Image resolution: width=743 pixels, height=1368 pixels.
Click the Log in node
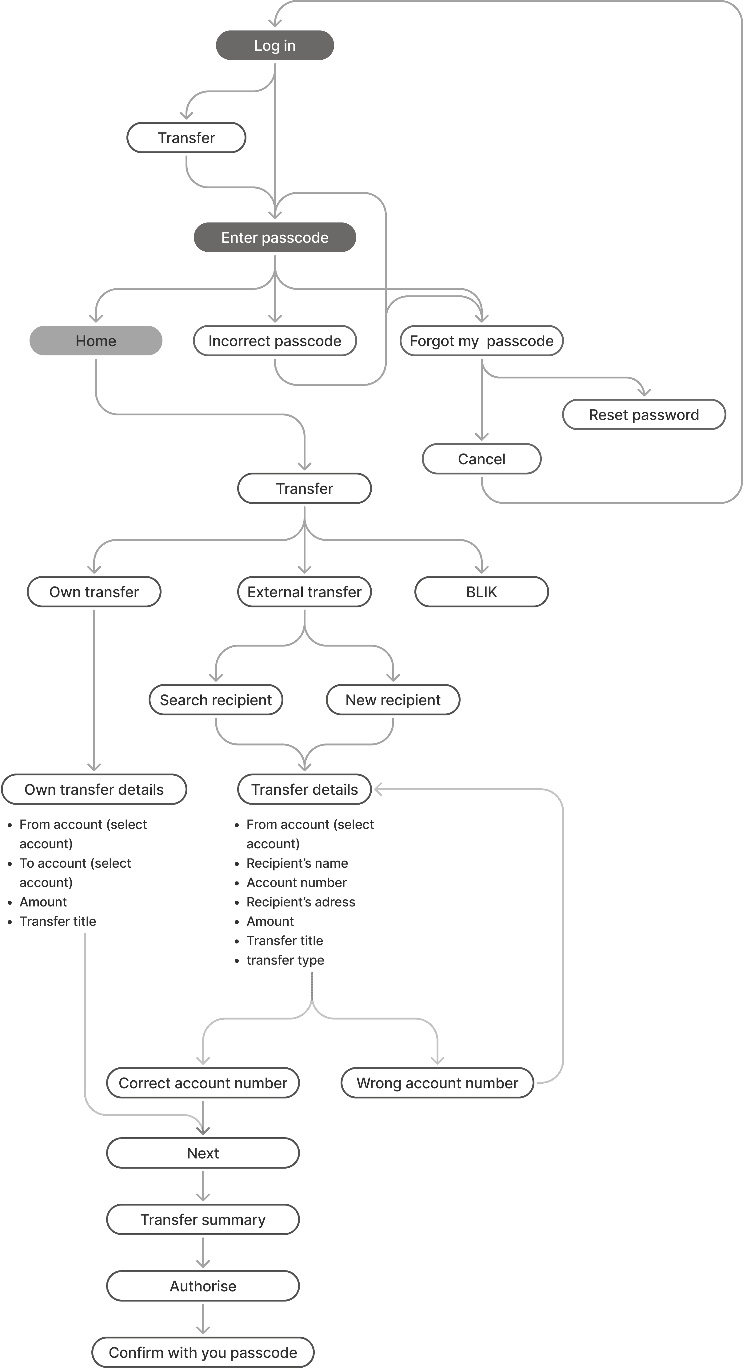pyautogui.click(x=274, y=45)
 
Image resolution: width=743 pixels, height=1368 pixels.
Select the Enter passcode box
pyautogui.click(x=274, y=237)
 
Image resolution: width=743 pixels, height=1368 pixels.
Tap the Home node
pyautogui.click(x=96, y=340)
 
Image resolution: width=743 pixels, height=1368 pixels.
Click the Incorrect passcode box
pyautogui.click(x=274, y=340)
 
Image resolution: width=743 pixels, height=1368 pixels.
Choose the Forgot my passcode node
pyautogui.click(x=481, y=340)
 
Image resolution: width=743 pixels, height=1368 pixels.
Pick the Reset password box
pyautogui.click(x=644, y=414)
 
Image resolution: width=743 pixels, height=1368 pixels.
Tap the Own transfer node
pyautogui.click(x=94, y=592)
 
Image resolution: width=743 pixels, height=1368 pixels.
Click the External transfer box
pyautogui.click(x=304, y=592)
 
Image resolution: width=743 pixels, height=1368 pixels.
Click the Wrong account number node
pyautogui.click(x=437, y=1083)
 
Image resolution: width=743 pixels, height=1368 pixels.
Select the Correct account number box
pyautogui.click(x=203, y=1083)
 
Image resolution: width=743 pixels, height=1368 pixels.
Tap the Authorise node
pyautogui.click(x=203, y=1286)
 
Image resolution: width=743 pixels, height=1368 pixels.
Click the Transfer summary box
pyautogui.click(x=203, y=1219)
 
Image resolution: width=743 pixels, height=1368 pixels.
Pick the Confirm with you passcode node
pyautogui.click(x=203, y=1352)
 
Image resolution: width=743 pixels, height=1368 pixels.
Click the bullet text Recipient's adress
pyautogui.click(x=301, y=902)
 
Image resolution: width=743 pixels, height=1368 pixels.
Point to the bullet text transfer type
pyautogui.click(x=285, y=960)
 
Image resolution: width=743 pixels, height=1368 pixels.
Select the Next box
pyautogui.click(x=203, y=1153)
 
